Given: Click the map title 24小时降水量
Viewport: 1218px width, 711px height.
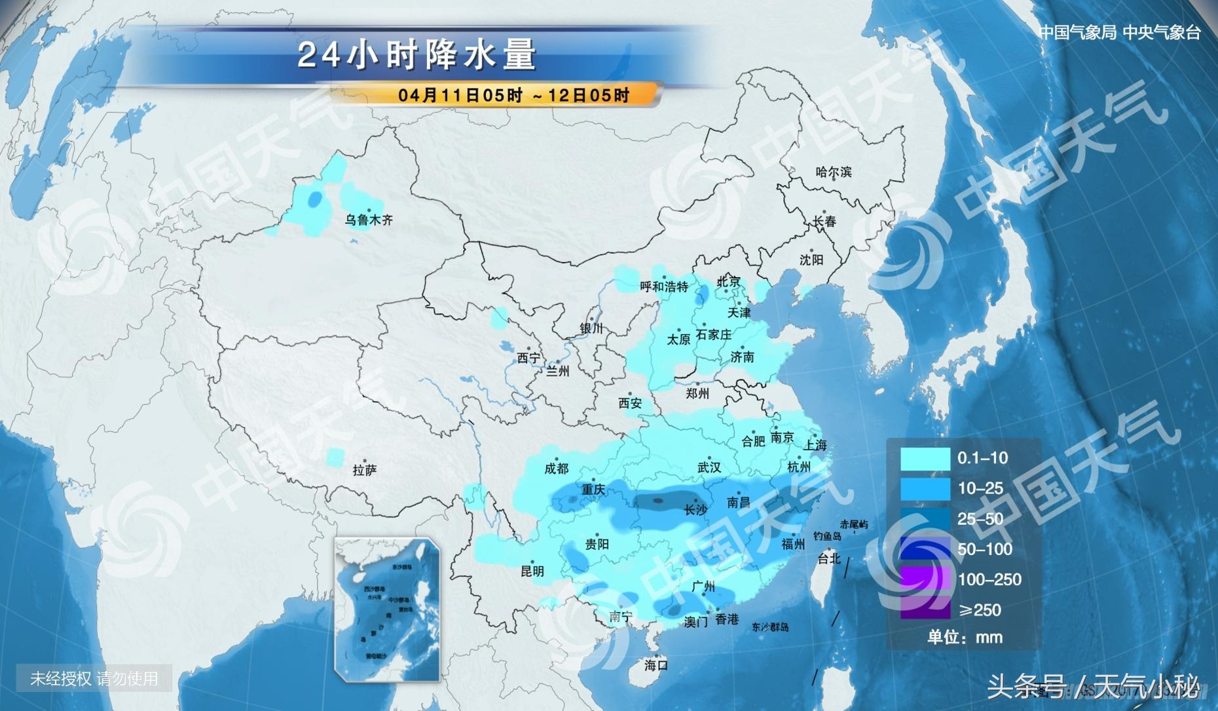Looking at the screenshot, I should (417, 54).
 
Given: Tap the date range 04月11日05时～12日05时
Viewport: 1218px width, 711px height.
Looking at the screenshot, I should (513, 95).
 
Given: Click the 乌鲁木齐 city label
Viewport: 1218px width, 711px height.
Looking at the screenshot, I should (369, 220).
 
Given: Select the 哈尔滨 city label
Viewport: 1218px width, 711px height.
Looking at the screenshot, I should (834, 172).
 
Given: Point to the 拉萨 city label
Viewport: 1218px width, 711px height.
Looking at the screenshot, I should (364, 470).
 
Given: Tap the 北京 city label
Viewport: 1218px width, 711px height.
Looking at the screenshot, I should (728, 282).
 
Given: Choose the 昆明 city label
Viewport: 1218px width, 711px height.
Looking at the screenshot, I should (532, 571).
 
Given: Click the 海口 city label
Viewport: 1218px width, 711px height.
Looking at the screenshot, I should (655, 665).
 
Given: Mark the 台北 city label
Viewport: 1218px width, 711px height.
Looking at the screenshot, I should (829, 558).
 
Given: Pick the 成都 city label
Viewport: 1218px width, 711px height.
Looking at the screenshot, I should (556, 469).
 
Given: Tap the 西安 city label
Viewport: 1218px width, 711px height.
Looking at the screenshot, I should (630, 404).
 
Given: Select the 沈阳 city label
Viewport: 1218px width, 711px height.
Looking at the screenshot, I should (811, 260).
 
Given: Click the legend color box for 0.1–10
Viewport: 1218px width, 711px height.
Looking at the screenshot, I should (925, 459).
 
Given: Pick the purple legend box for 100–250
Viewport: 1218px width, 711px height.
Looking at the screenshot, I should (925, 579).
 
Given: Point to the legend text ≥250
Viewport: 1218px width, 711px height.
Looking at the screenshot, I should (980, 610).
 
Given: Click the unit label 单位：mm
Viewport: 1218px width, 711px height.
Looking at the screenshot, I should (964, 637).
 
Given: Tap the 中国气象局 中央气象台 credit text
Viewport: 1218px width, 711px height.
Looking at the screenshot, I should (1119, 32).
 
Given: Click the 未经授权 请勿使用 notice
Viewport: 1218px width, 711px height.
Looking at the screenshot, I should (94, 678).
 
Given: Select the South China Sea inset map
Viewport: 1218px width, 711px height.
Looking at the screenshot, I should (387, 609).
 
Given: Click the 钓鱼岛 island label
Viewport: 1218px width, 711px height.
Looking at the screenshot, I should (827, 536).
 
